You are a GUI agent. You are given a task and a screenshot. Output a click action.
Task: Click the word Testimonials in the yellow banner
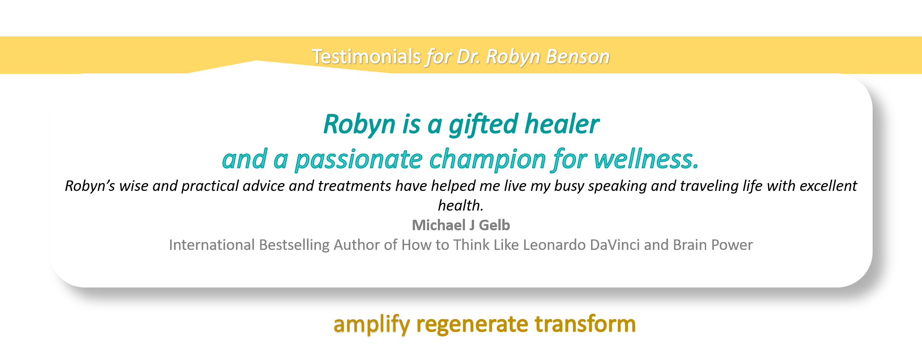pyautogui.click(x=366, y=56)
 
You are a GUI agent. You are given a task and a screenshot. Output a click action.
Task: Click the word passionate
pyautogui.click(x=358, y=159)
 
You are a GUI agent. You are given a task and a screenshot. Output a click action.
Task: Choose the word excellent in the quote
pyautogui.click(x=828, y=186)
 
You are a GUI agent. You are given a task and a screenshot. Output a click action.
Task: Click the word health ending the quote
pyautogui.click(x=461, y=205)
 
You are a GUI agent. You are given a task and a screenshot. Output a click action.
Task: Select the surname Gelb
pyautogui.click(x=494, y=225)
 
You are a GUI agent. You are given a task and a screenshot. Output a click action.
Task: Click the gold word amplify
pyautogui.click(x=372, y=325)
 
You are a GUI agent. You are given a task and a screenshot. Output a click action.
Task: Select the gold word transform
pyautogui.click(x=585, y=324)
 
